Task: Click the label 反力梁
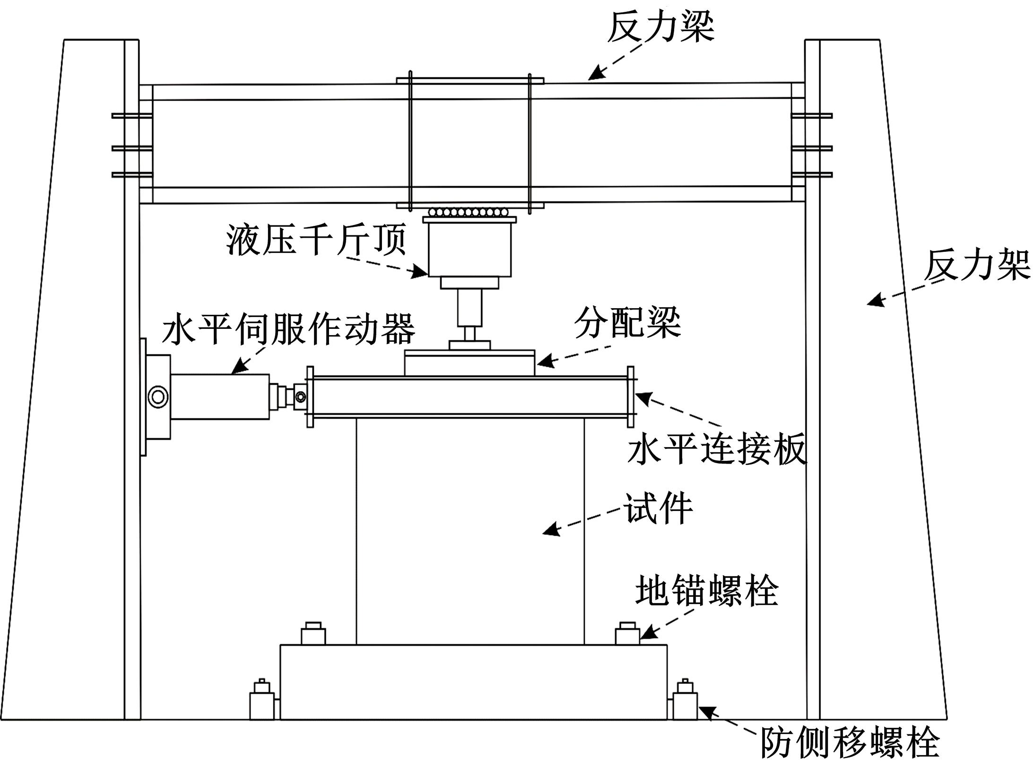tap(660, 27)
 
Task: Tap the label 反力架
tap(977, 266)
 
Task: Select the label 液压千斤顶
tap(316, 239)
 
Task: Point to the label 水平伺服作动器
tap(288, 329)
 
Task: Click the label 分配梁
tap(627, 324)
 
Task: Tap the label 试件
tap(659, 508)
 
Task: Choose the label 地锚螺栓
tap(706, 591)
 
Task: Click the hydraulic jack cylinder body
tap(469, 250)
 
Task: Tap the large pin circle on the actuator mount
tap(157, 396)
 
